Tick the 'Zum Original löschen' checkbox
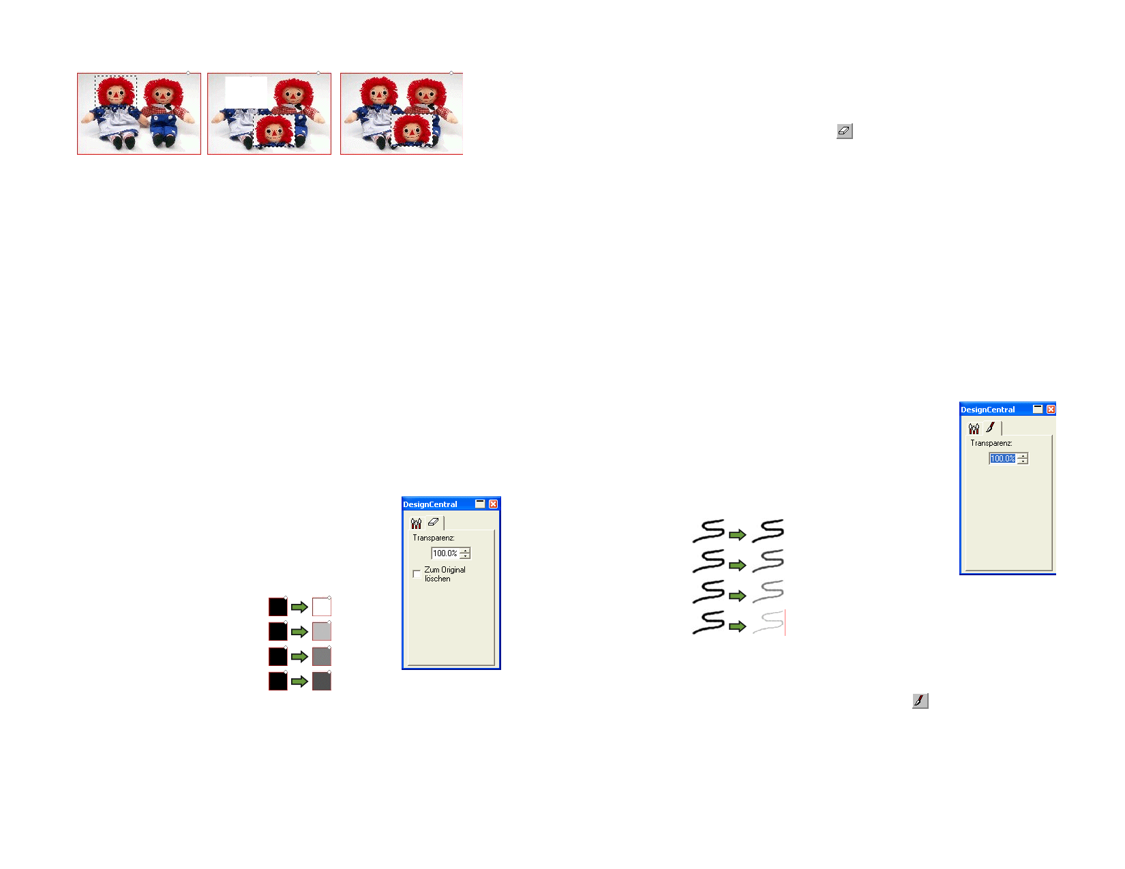coord(416,573)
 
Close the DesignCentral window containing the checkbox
coord(493,504)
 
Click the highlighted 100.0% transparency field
coord(1002,458)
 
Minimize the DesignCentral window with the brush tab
coord(1037,409)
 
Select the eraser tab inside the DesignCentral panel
coord(433,522)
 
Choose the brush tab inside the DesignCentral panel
coord(990,427)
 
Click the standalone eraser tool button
coord(844,131)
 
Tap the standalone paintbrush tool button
coord(920,700)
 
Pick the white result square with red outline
coord(321,606)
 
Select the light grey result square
coord(321,631)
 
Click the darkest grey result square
coord(321,681)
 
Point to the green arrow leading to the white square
coord(299,607)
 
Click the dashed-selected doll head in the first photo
coord(115,91)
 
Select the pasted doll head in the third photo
coord(411,130)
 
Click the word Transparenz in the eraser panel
coord(434,538)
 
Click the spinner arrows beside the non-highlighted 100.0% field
coord(464,553)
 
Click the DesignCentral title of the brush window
coord(987,410)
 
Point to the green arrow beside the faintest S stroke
coord(737,626)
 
